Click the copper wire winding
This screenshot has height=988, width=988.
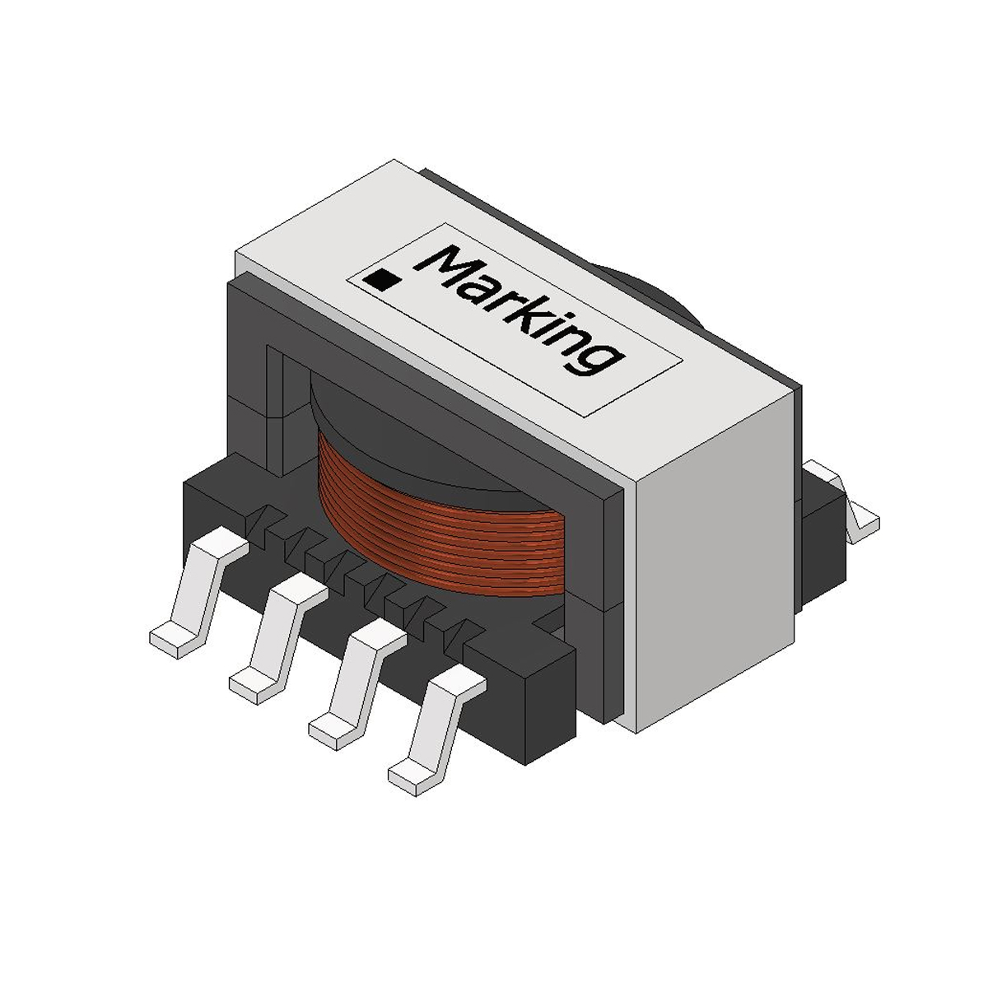point(445,527)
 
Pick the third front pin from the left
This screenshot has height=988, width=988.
point(354,683)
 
